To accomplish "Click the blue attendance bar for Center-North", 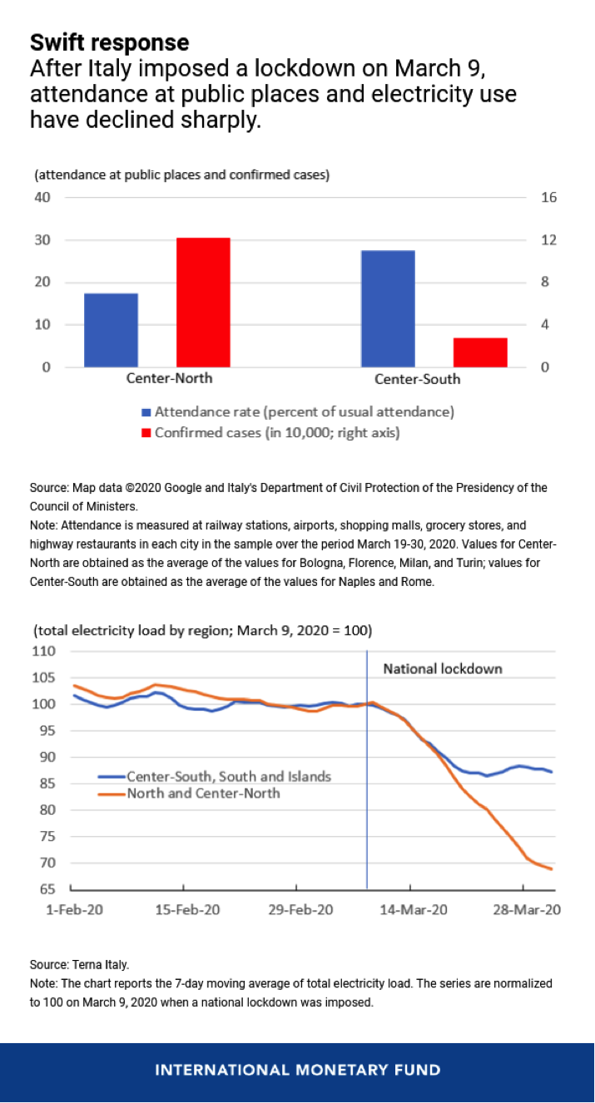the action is coord(111,330).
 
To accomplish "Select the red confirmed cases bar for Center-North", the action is coord(203,303).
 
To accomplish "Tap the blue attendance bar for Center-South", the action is coord(388,308).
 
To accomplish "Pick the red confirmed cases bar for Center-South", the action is coord(480,352).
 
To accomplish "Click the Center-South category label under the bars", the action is coord(417,379).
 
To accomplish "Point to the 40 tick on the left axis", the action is coord(42,198).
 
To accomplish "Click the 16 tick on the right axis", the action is coord(548,198).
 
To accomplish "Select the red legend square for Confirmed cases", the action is coord(146,433).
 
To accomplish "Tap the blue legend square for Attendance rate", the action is coord(146,412).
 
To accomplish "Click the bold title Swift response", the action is coord(110,43).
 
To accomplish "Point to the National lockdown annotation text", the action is coord(443,668).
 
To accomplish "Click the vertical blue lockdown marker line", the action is coord(367,770).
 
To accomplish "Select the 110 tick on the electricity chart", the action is coord(44,651).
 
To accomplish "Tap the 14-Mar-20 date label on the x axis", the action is coord(413,909).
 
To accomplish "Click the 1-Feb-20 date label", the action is coord(74,909).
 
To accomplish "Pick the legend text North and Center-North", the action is coord(204,793).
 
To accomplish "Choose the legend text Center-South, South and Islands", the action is coord(229,776).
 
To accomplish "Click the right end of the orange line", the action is coord(552,869).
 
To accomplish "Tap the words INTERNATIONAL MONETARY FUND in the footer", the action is coord(298,1070).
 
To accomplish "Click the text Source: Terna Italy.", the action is coord(79,964).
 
